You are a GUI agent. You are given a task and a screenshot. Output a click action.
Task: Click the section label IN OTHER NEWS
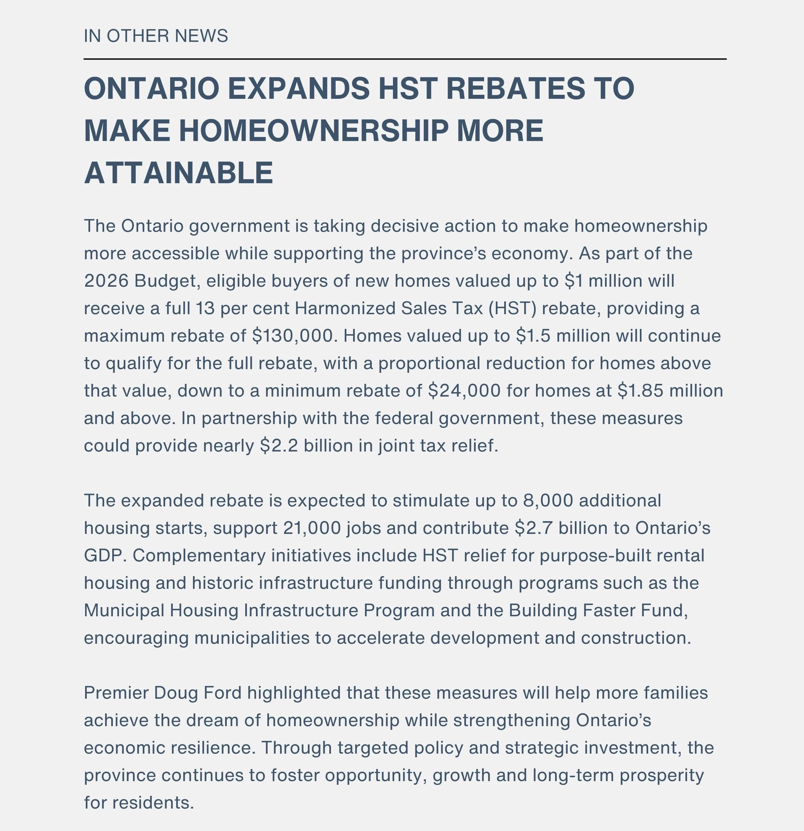156,36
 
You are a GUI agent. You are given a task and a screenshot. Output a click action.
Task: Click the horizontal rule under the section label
405,59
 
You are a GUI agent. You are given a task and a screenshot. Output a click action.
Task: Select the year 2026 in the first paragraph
106,281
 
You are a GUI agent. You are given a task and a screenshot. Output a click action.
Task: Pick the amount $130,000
292,336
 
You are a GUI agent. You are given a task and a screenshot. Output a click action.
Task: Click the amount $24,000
464,391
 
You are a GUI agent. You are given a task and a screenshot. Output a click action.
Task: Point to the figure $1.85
640,391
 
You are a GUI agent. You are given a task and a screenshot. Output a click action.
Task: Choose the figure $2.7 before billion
533,528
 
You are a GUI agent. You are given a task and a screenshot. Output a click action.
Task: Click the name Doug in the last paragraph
176,693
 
